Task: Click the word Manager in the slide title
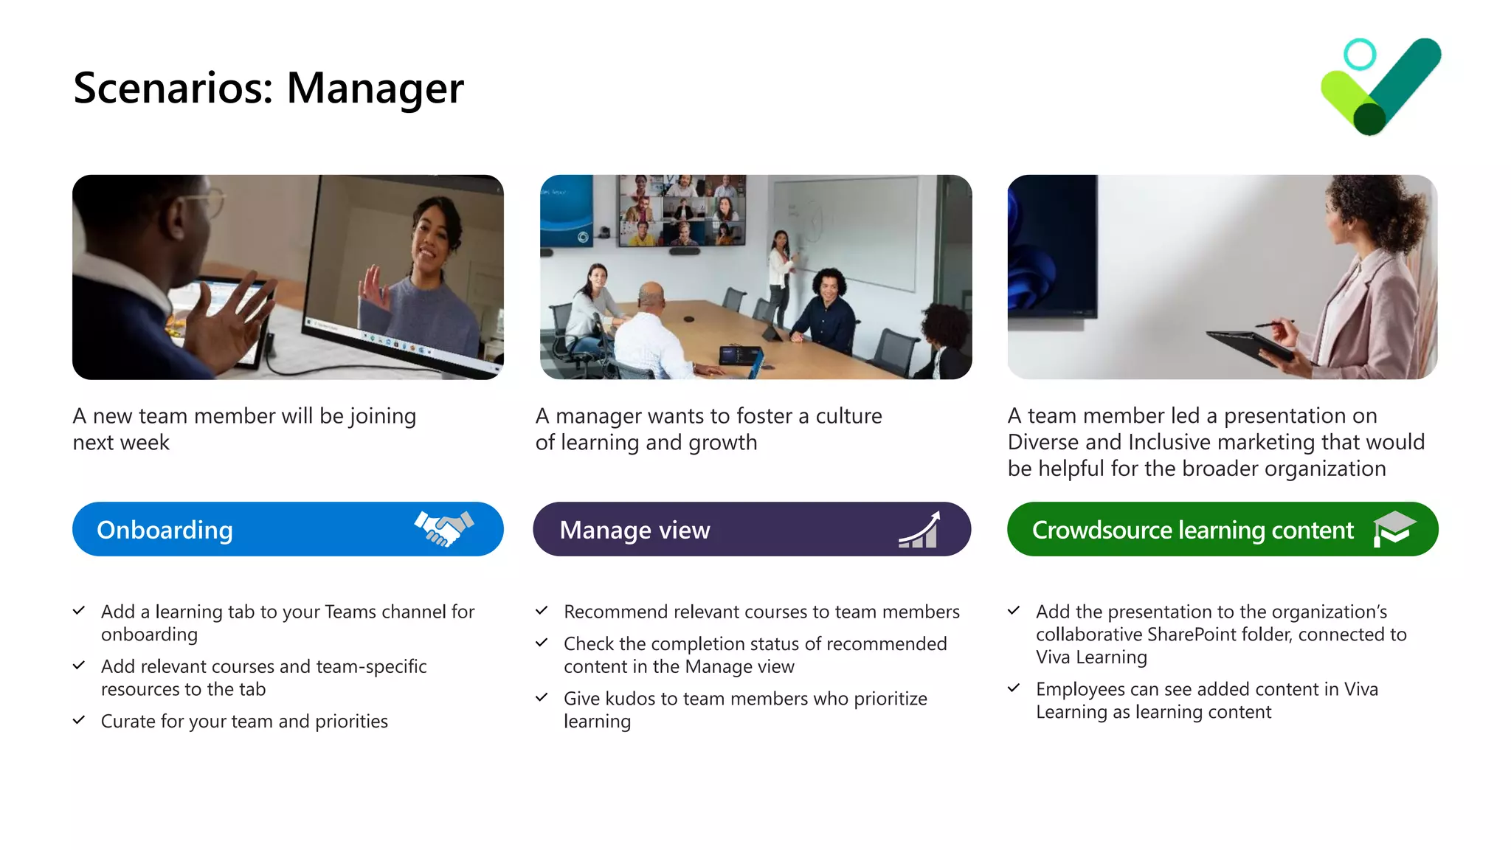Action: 375,89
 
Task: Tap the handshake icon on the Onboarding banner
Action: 443,528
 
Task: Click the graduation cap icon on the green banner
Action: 1393,528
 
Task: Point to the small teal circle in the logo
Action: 1359,55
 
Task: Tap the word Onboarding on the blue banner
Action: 165,530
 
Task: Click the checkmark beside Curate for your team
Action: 79,720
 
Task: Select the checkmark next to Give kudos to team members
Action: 542,697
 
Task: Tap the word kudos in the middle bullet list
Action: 625,698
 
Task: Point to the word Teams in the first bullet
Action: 350,612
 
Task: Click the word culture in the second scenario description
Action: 848,416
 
